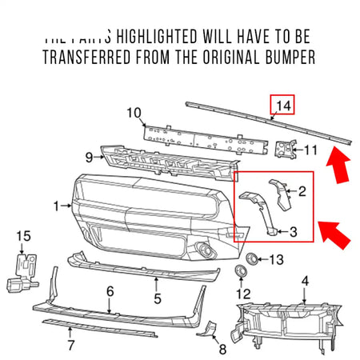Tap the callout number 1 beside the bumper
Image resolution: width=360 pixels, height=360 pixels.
pos(58,206)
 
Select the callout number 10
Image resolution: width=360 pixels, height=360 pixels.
pos(134,112)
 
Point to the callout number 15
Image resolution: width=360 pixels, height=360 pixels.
pos(24,236)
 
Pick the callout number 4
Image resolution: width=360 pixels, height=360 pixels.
pos(304,280)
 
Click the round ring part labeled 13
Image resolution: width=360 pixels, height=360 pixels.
pos(250,258)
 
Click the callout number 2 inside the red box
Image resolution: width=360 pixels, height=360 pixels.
pos(302,191)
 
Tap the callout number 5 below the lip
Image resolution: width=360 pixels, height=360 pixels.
pos(157,299)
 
